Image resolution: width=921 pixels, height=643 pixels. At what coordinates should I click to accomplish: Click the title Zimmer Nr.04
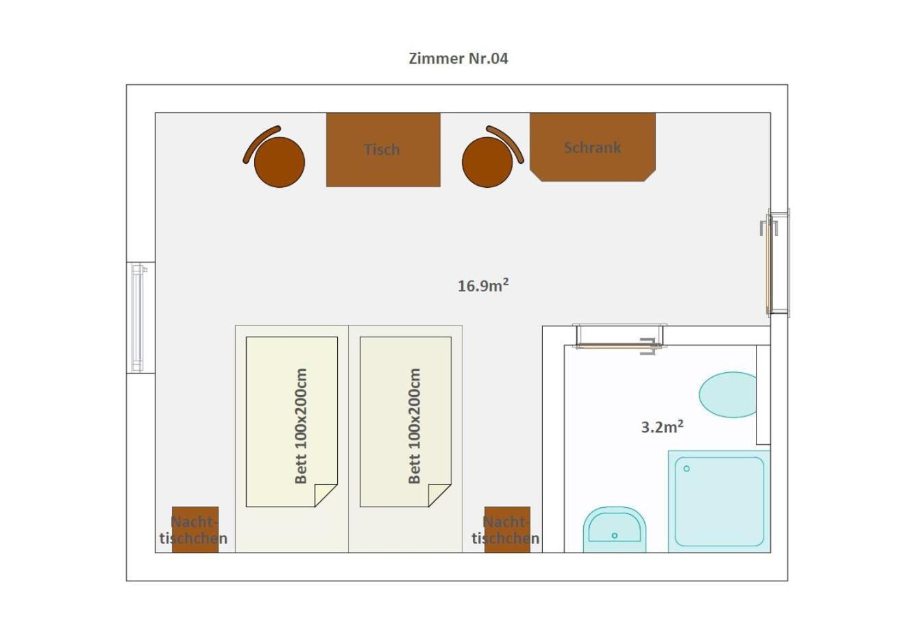[x=458, y=58]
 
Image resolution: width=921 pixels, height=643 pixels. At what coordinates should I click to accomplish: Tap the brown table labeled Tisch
[x=383, y=149]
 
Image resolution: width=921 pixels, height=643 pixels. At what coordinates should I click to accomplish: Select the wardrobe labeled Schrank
[x=593, y=147]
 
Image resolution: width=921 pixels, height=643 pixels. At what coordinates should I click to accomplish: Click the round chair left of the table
[x=280, y=162]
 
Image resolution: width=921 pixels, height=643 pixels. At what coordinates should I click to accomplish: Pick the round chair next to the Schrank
[x=487, y=162]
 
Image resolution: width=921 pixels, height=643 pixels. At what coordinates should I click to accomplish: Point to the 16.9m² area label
[x=483, y=285]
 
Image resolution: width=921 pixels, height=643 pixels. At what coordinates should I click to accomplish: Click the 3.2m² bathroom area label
[x=662, y=426]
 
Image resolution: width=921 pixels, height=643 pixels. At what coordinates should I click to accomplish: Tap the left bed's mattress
[x=291, y=422]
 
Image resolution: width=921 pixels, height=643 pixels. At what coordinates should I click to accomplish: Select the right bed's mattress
[x=406, y=422]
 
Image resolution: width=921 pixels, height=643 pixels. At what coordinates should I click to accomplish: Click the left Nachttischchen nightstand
[x=195, y=529]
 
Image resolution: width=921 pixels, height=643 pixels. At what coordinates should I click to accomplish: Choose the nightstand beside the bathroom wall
[x=507, y=529]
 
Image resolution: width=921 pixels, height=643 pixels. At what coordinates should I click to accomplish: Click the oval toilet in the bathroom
[x=728, y=395]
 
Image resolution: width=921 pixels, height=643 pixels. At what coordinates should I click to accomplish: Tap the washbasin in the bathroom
[x=614, y=530]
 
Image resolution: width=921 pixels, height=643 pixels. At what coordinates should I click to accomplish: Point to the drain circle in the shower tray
[x=686, y=469]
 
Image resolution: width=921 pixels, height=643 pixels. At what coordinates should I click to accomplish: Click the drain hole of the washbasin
[x=614, y=535]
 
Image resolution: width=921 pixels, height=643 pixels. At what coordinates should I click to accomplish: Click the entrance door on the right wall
[x=775, y=263]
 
